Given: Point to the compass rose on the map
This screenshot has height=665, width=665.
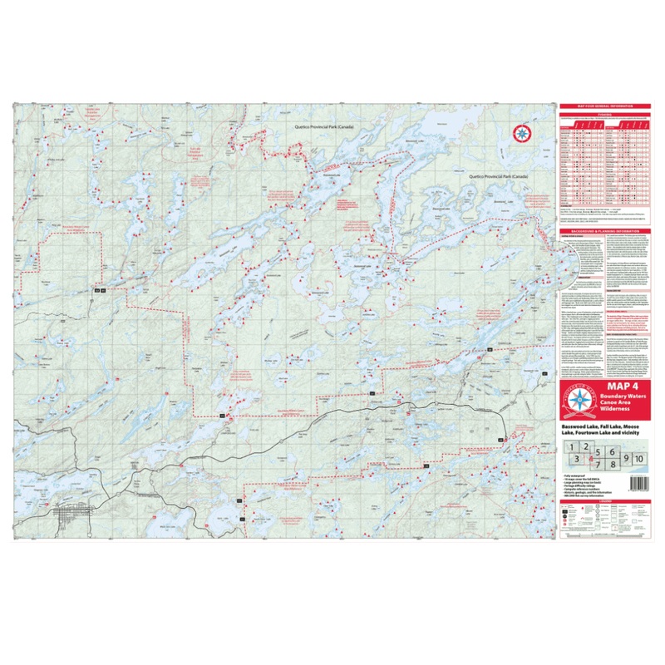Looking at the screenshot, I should point(522,132).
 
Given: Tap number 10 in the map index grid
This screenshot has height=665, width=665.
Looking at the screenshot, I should point(640,459).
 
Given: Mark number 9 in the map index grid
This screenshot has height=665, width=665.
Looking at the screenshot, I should point(628,459).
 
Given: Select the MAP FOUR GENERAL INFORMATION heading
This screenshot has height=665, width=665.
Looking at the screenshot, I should point(605,106).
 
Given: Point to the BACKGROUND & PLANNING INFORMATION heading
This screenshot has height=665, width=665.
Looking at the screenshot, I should point(605,229).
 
